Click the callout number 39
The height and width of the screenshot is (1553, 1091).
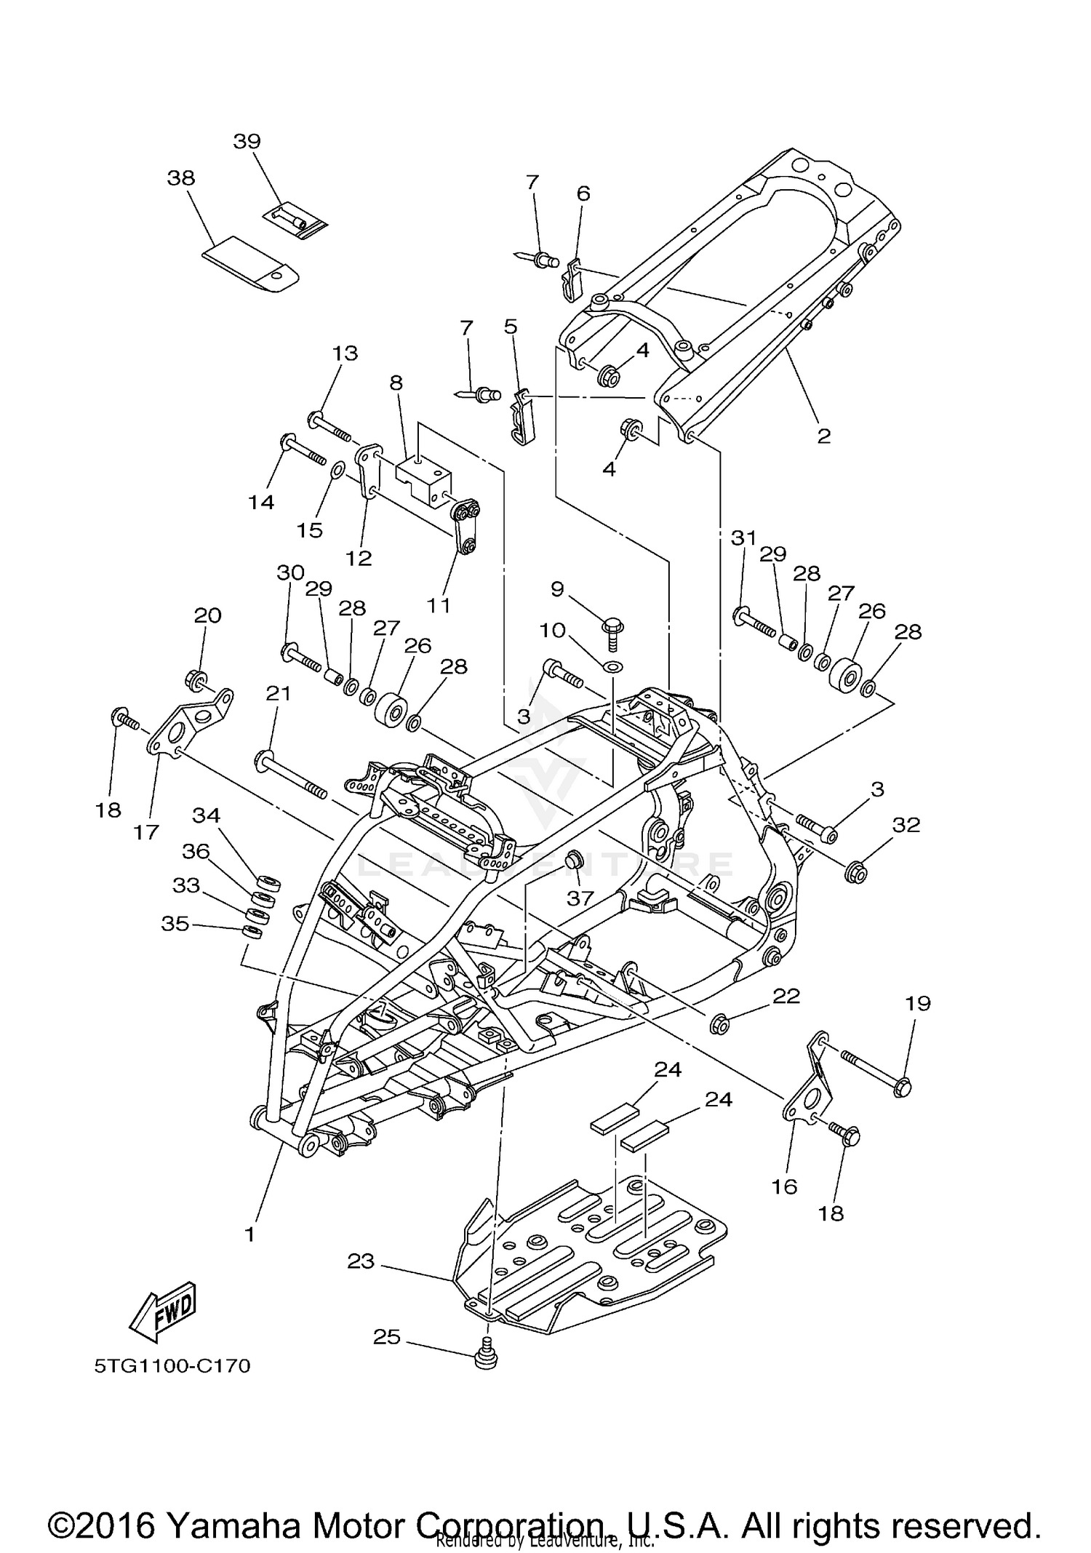(x=247, y=141)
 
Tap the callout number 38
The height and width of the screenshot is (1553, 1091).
(x=181, y=178)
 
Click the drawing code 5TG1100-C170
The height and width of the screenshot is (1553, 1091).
(x=172, y=1366)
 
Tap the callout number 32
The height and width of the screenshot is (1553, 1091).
(x=906, y=825)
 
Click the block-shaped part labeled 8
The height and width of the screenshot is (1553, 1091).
(x=423, y=476)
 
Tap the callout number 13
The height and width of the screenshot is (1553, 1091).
(x=345, y=353)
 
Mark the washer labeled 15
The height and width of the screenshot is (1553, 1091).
(x=337, y=470)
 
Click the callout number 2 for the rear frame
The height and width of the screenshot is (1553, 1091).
(x=823, y=436)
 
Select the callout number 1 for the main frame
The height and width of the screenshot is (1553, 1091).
(x=249, y=1234)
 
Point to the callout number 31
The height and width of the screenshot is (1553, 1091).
(x=743, y=538)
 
